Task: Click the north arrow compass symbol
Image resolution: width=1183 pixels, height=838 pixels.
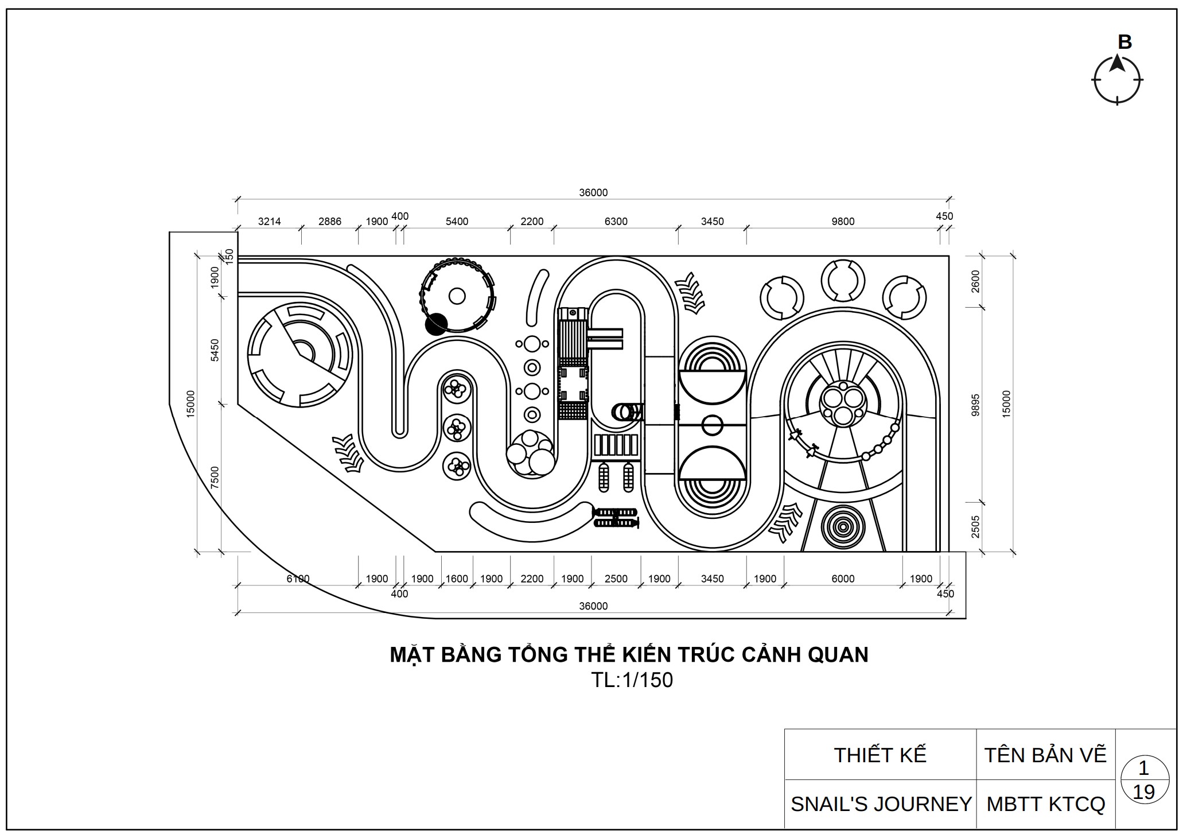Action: (1116, 80)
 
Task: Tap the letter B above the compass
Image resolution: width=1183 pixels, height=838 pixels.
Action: (1124, 42)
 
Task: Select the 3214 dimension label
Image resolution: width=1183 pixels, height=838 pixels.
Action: (269, 222)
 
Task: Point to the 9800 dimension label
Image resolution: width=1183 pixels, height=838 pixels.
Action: (843, 222)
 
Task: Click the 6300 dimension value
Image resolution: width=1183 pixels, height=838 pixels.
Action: (616, 222)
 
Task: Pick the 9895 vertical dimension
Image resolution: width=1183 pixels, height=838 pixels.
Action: (975, 405)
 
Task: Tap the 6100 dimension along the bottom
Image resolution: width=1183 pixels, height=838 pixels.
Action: (298, 579)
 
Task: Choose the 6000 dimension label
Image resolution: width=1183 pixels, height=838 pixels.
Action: (843, 579)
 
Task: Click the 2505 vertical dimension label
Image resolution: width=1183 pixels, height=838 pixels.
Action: (975, 527)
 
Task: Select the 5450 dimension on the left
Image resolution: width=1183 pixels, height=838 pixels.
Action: (215, 350)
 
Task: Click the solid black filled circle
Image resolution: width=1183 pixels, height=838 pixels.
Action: (436, 324)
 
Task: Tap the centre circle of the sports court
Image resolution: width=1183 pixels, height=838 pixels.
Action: (712, 425)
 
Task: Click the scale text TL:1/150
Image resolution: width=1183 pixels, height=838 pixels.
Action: (632, 680)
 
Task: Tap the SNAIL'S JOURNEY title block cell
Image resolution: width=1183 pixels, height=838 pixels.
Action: (881, 804)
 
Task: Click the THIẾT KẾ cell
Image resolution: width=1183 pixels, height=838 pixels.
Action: (880, 755)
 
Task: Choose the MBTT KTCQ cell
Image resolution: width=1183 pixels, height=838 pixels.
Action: (1045, 804)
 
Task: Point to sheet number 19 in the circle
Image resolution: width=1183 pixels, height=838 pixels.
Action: (1143, 793)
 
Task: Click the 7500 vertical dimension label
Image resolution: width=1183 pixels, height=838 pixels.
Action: (215, 478)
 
